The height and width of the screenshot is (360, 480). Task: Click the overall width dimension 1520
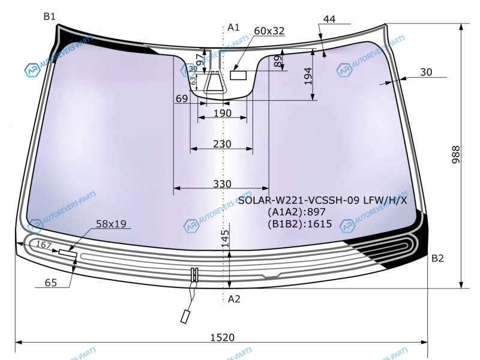pyautogui.click(x=222, y=337)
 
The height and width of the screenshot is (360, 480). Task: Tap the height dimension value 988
pyautogui.click(x=455, y=155)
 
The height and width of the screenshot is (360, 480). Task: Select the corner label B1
pyautogui.click(x=49, y=16)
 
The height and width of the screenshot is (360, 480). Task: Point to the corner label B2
pyautogui.click(x=437, y=259)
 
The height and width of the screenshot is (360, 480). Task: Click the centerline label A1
pyautogui.click(x=233, y=28)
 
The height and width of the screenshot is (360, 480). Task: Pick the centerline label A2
pyautogui.click(x=234, y=299)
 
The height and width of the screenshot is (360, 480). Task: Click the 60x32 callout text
pyautogui.click(x=269, y=31)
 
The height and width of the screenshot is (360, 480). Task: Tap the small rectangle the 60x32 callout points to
pyautogui.click(x=238, y=75)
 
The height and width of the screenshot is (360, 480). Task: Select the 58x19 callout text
pyautogui.click(x=111, y=224)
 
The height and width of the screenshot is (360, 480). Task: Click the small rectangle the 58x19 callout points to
pyautogui.click(x=68, y=253)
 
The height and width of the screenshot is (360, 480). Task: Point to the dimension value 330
pyautogui.click(x=222, y=184)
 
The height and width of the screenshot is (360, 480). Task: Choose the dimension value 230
pyautogui.click(x=222, y=144)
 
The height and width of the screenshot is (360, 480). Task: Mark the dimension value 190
pyautogui.click(x=222, y=113)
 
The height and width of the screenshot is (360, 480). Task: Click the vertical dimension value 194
pyautogui.click(x=308, y=76)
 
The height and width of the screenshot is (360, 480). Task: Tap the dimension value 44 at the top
pyautogui.click(x=329, y=19)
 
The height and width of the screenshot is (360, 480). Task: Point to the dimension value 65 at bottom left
pyautogui.click(x=51, y=282)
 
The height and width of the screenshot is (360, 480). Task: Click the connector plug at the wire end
pyautogui.click(x=185, y=317)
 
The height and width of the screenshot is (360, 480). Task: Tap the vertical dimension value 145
pyautogui.click(x=225, y=238)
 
